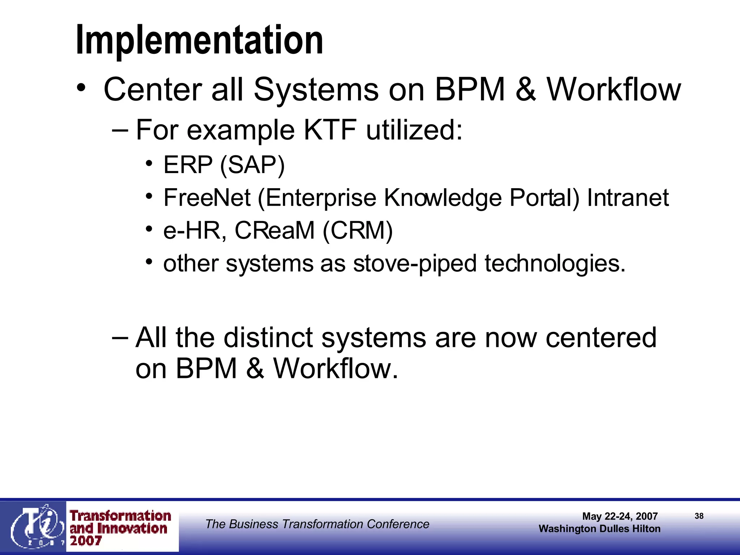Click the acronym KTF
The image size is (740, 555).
(330, 130)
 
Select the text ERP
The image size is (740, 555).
(188, 165)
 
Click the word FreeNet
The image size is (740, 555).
(207, 198)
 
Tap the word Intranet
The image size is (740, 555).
(628, 198)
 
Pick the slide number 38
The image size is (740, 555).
(699, 516)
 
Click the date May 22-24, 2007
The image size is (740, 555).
(620, 516)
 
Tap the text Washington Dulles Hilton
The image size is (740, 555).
(599, 529)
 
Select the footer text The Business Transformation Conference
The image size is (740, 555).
(317, 524)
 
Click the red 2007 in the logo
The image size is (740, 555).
(86, 541)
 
